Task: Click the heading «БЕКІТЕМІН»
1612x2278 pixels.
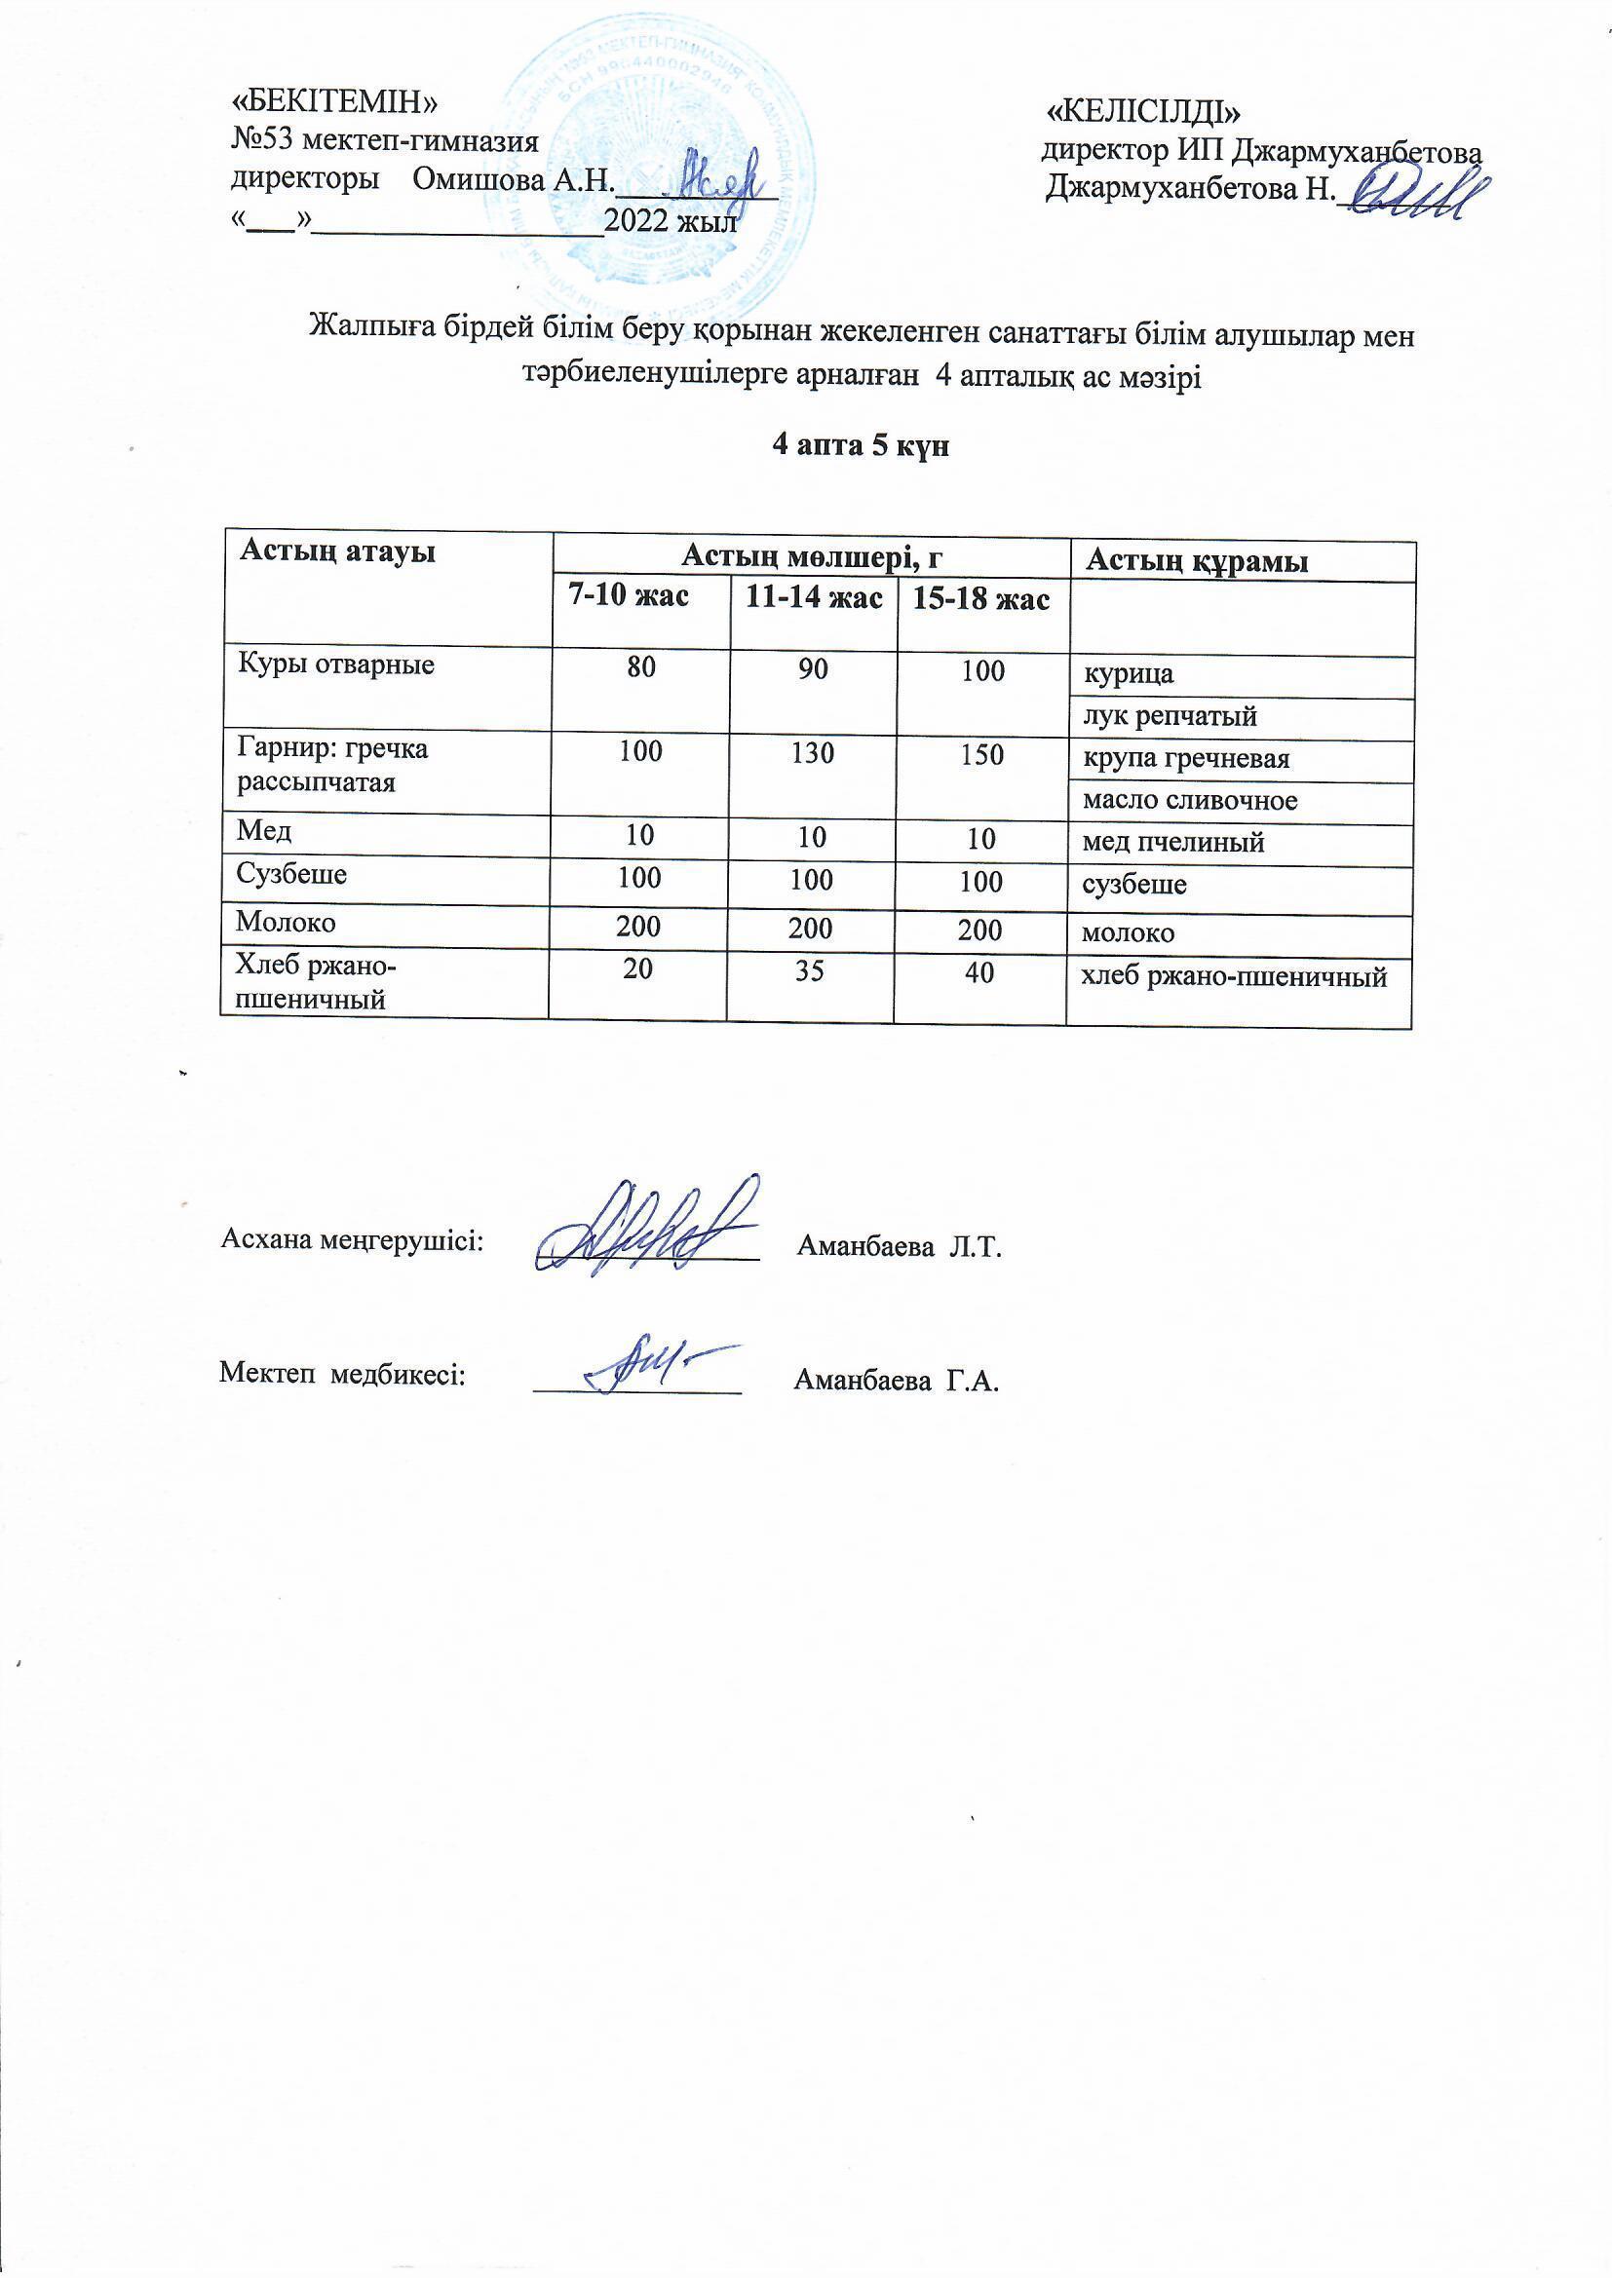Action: tap(334, 102)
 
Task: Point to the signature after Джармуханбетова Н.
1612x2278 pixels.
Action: tap(1422, 191)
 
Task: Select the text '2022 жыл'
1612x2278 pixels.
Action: tap(671, 220)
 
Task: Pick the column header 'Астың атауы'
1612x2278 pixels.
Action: tap(337, 551)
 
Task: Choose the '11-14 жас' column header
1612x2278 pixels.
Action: tap(813, 598)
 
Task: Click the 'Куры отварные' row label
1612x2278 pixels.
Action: tap(335, 664)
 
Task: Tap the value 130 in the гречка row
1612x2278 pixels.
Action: tap(812, 753)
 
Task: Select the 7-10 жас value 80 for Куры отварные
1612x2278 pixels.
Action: tap(641, 666)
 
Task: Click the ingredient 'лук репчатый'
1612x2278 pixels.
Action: tap(1170, 716)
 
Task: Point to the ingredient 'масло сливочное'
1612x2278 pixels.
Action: tap(1189, 801)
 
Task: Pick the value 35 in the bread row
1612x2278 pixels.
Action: tap(810, 970)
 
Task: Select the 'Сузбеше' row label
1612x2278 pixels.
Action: tap(290, 874)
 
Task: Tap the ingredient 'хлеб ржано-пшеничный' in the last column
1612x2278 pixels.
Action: tap(1233, 977)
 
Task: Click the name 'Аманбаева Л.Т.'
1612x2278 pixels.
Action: tap(900, 1247)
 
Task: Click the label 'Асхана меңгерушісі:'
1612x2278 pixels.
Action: tap(353, 1240)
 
